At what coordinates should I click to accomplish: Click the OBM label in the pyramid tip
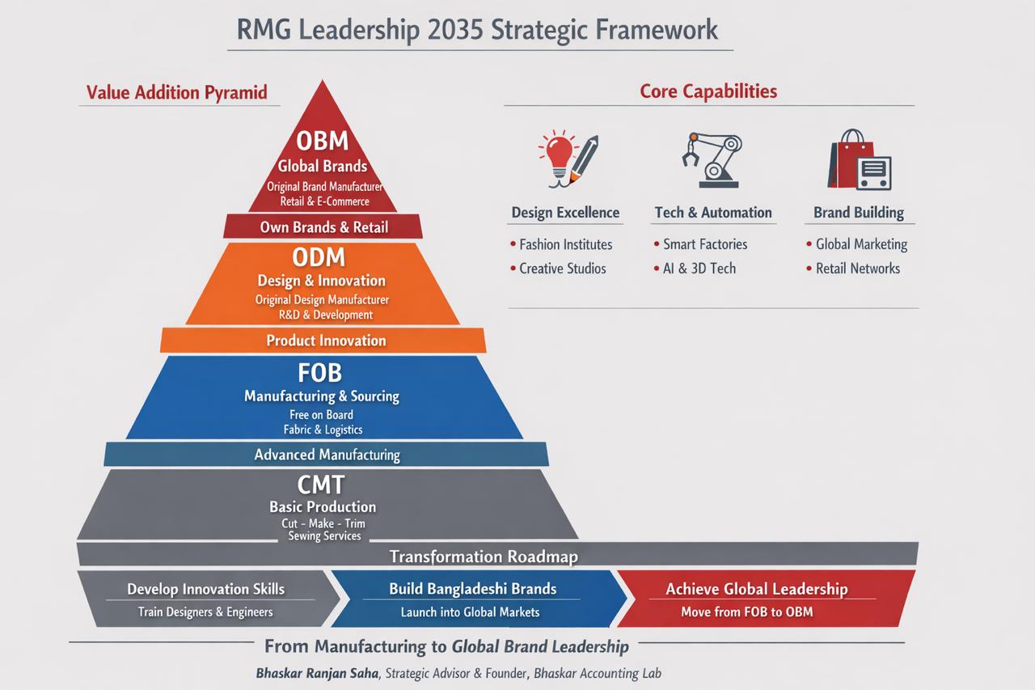tap(322, 141)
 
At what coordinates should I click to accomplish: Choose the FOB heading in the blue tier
tap(320, 372)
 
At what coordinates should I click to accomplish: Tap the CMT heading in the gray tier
tap(321, 485)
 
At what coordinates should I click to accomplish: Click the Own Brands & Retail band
tap(323, 227)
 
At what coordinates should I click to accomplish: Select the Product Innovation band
tap(326, 341)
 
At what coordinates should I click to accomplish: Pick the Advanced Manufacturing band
tap(327, 455)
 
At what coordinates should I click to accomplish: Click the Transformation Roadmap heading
tap(484, 557)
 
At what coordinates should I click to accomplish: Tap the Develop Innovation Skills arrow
tap(206, 599)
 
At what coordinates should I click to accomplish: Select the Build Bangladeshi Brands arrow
tap(472, 599)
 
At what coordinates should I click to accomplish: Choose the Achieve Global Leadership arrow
tap(756, 599)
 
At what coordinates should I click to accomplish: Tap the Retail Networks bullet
tap(857, 269)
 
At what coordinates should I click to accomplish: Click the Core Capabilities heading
tap(708, 91)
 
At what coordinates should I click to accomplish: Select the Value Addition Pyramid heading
tap(176, 92)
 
